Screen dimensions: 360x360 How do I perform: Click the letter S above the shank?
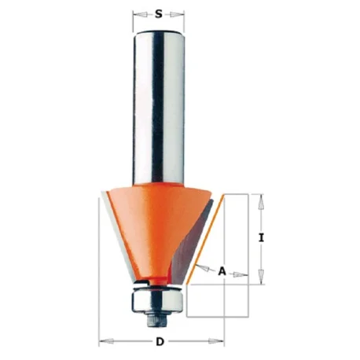coord(158,14)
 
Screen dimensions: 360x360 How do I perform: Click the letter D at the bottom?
coord(160,342)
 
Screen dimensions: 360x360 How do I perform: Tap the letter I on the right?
coord(261,238)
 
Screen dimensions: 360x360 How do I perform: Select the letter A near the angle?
coord(222,271)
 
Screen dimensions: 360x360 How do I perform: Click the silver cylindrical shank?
coord(158,108)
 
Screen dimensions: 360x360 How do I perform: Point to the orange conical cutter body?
coord(155,230)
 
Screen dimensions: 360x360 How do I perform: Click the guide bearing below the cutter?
coord(158,302)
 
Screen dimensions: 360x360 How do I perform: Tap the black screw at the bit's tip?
coord(158,319)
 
